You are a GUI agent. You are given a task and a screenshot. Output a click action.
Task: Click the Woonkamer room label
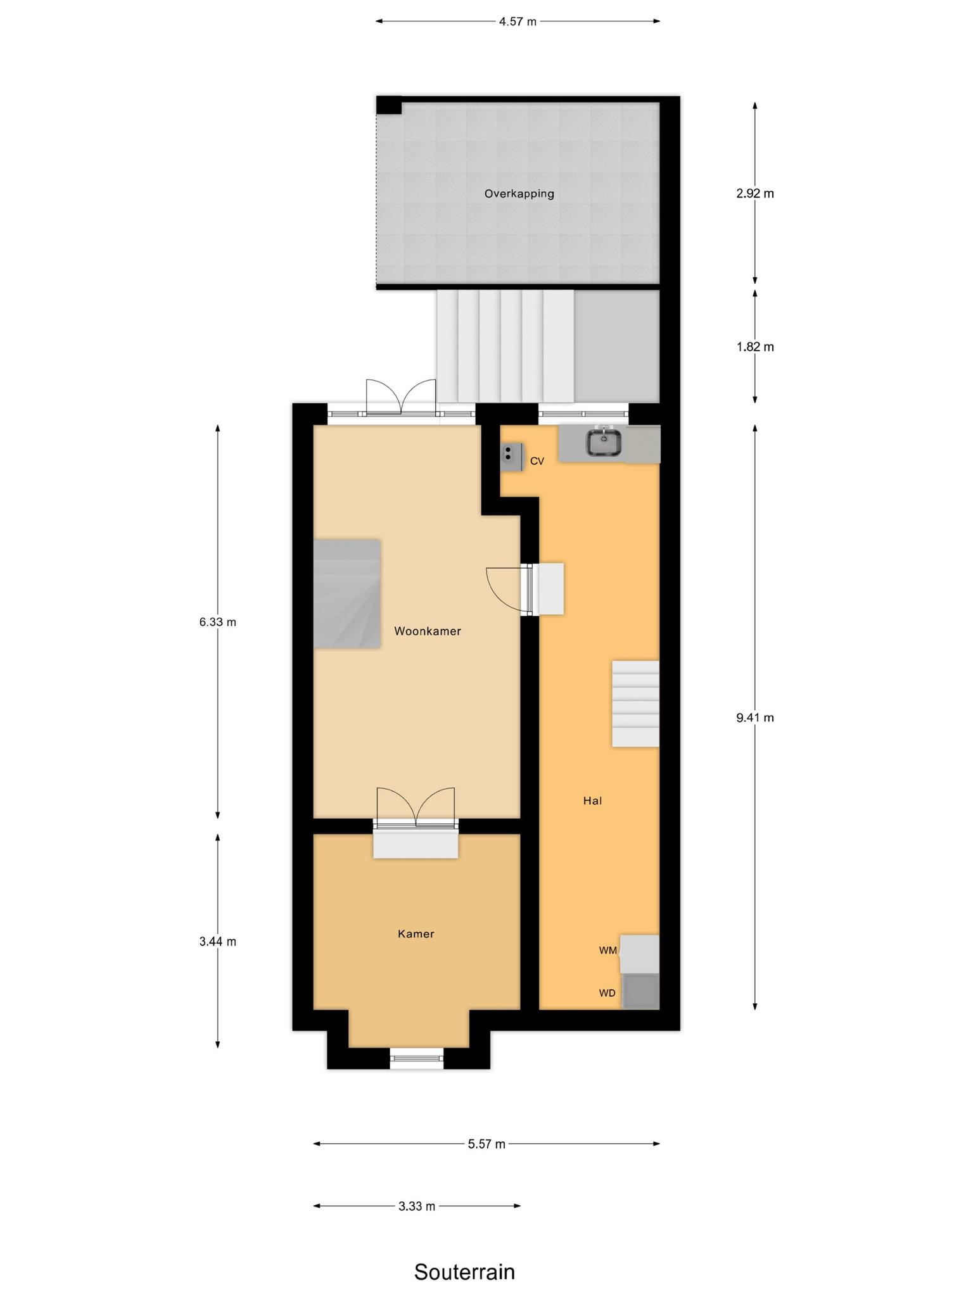(428, 631)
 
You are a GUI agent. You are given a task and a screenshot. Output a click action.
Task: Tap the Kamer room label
(416, 934)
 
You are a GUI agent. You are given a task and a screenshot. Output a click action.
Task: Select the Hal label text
(592, 801)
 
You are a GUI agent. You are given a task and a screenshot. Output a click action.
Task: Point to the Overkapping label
(519, 194)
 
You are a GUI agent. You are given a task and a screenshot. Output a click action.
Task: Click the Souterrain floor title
(464, 1237)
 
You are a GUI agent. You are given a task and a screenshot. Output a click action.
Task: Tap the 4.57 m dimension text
(518, 22)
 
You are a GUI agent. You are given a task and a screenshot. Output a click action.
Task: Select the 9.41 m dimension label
(755, 718)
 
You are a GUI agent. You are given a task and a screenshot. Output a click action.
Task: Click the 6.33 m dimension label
(218, 622)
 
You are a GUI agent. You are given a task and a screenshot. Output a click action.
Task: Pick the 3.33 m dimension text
(417, 1206)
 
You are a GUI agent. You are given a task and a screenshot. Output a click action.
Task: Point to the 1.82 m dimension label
(755, 347)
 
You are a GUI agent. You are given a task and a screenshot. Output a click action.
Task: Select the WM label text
(608, 951)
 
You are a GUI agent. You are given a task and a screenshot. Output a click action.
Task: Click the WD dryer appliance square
(640, 991)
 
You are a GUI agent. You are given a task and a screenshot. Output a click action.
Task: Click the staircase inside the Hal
(635, 704)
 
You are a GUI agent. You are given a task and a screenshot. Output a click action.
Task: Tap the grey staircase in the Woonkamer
(347, 594)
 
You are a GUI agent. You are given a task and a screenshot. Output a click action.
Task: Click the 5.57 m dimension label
(486, 1144)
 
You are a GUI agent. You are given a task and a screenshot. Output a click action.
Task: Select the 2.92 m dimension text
(755, 194)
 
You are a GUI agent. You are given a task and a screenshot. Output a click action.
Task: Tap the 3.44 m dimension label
(218, 942)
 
